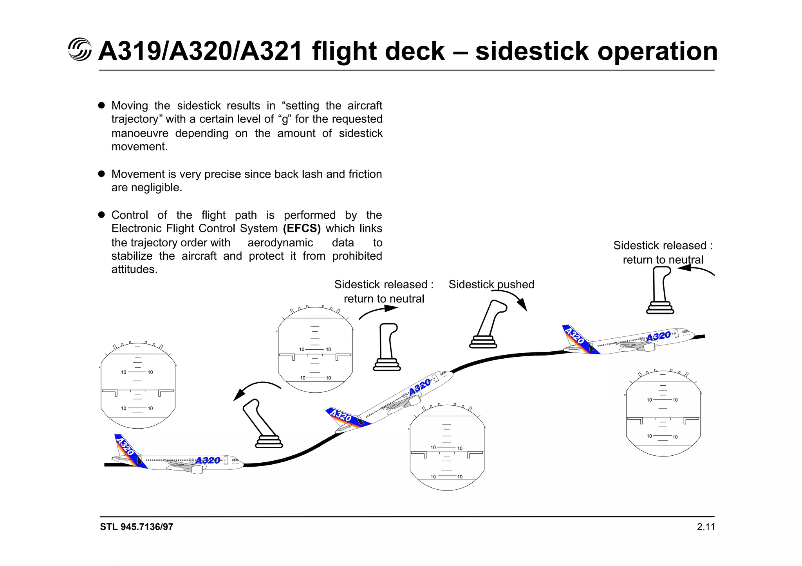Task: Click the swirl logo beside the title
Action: click(x=79, y=50)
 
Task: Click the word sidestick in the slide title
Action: click(x=532, y=51)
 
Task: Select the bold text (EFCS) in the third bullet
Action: click(x=302, y=228)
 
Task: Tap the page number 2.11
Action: click(x=706, y=527)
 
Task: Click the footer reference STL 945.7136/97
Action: click(x=136, y=527)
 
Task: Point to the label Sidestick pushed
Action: click(x=491, y=284)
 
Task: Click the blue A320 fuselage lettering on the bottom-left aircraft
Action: click(x=208, y=460)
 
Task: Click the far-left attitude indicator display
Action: click(x=138, y=385)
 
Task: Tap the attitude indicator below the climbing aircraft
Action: click(x=447, y=448)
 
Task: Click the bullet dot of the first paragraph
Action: click(x=101, y=105)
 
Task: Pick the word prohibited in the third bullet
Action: click(x=357, y=256)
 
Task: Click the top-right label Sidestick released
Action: click(x=663, y=246)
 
